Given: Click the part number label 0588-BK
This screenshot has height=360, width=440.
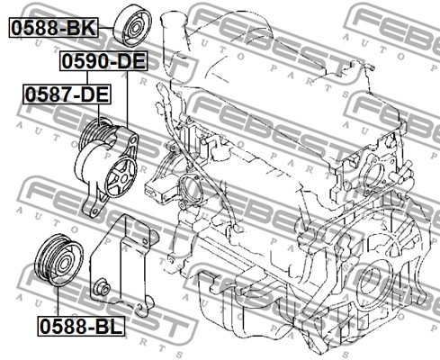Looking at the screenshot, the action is (54, 27).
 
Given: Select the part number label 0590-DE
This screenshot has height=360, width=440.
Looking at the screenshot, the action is (103, 61).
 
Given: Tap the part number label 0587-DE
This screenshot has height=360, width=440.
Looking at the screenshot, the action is (67, 94).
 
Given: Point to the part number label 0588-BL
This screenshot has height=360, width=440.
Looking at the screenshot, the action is (81, 326).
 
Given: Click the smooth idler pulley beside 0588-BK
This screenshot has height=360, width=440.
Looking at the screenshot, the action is (132, 27).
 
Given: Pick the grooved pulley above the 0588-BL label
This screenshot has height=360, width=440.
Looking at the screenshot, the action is (58, 259).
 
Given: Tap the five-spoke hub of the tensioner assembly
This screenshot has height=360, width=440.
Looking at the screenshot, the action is (121, 178).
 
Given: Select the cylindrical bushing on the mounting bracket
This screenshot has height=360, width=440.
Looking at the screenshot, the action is (102, 288).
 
